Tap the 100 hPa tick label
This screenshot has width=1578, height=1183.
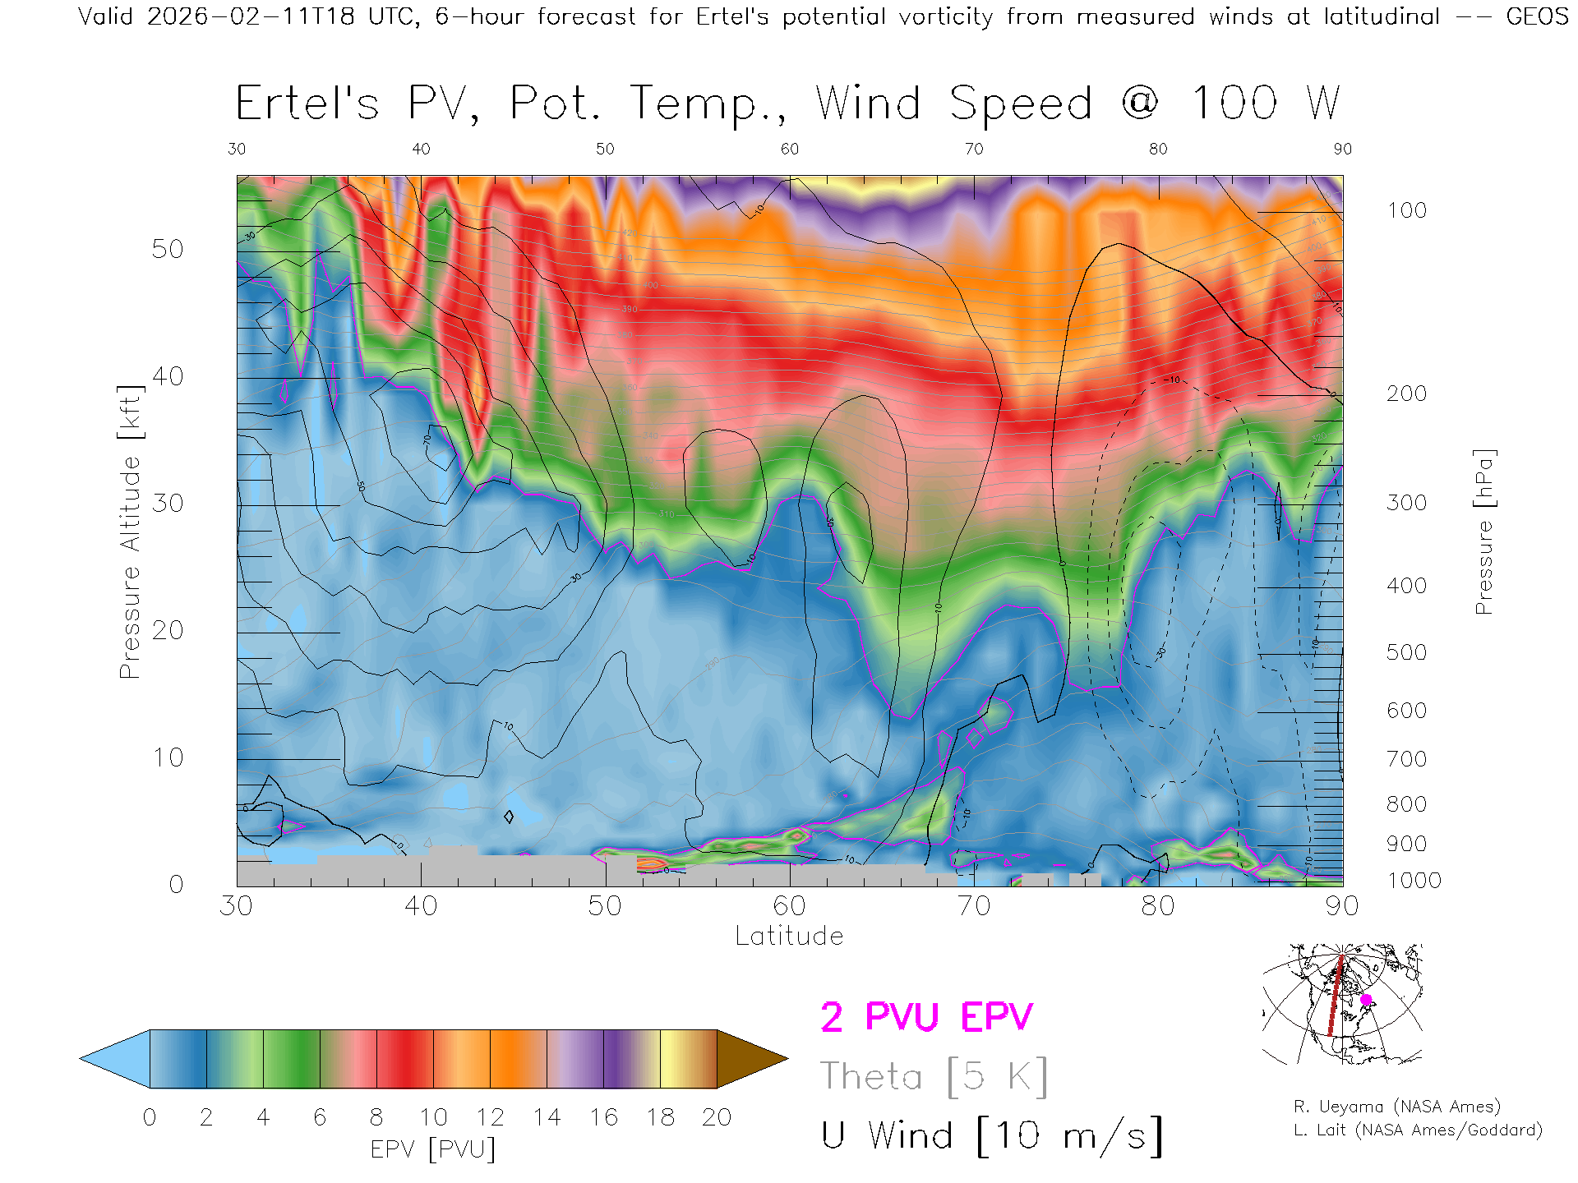pyautogui.click(x=1406, y=210)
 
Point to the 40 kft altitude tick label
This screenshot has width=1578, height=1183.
pyautogui.click(x=168, y=376)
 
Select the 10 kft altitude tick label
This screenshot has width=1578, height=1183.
pyautogui.click(x=168, y=757)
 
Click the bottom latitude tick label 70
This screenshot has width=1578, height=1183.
pyautogui.click(x=973, y=905)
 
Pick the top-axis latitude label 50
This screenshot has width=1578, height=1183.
pyautogui.click(x=605, y=149)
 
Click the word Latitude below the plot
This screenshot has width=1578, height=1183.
pyautogui.click(x=789, y=936)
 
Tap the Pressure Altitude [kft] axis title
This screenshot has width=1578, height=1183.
pyautogui.click(x=130, y=532)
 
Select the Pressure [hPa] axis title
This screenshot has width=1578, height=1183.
pyautogui.click(x=1483, y=532)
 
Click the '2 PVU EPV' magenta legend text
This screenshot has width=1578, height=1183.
pyautogui.click(x=926, y=1017)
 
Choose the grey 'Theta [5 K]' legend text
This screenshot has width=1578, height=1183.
pyautogui.click(x=934, y=1076)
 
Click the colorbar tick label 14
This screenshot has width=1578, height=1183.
pyautogui.click(x=547, y=1117)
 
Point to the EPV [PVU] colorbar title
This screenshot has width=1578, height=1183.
pyautogui.click(x=433, y=1149)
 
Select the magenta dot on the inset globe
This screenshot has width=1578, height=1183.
pyautogui.click(x=1366, y=1000)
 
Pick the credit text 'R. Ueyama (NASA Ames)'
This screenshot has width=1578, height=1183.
pyautogui.click(x=1396, y=1107)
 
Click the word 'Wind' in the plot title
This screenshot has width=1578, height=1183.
pyautogui.click(x=868, y=104)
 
